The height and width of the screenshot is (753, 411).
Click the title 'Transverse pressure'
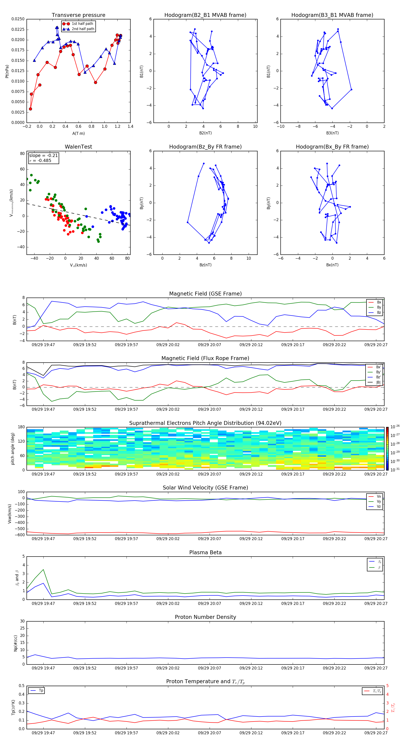click(78, 15)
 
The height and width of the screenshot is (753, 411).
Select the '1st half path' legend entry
click(82, 24)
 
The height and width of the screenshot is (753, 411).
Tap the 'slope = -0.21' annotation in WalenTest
click(43, 156)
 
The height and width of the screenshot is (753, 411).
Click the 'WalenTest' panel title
click(78, 147)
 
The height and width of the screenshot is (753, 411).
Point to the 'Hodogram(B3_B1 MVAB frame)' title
click(332, 15)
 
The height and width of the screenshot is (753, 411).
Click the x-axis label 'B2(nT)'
click(205, 133)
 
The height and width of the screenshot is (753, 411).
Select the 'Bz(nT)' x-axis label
click(205, 265)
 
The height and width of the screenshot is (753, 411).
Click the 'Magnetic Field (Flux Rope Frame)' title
click(205, 358)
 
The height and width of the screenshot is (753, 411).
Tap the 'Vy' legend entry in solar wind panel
click(379, 501)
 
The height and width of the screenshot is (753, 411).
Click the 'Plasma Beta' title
click(205, 552)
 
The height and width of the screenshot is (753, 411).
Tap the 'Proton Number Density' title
click(205, 617)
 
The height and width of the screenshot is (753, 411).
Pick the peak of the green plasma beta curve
click(43, 569)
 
